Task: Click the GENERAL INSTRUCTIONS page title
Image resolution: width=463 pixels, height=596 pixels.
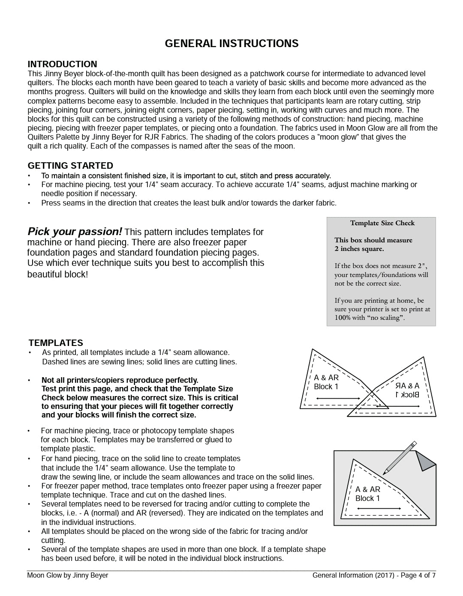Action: (x=231, y=44)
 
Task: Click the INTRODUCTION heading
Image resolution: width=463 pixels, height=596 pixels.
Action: (x=62, y=64)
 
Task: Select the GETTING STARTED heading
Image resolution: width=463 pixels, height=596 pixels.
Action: (x=70, y=166)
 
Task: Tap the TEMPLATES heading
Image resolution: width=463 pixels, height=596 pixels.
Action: (x=56, y=343)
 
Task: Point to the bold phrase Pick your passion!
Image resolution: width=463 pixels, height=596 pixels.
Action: (x=75, y=232)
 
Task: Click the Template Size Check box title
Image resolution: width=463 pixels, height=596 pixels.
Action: (x=382, y=223)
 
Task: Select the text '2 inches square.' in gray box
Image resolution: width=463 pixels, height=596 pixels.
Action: (x=359, y=249)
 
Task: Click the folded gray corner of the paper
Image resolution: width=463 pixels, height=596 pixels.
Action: (x=425, y=461)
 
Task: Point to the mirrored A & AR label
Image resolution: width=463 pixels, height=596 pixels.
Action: (x=407, y=385)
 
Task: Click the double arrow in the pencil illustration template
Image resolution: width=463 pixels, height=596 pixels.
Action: (x=373, y=509)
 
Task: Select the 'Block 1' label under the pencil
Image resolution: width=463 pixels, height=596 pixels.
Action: (x=367, y=498)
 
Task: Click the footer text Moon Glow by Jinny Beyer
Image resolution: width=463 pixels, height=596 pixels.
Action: (x=68, y=575)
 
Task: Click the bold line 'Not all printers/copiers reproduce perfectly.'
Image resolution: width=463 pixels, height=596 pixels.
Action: (x=120, y=380)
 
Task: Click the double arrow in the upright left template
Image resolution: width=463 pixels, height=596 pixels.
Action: (x=338, y=399)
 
